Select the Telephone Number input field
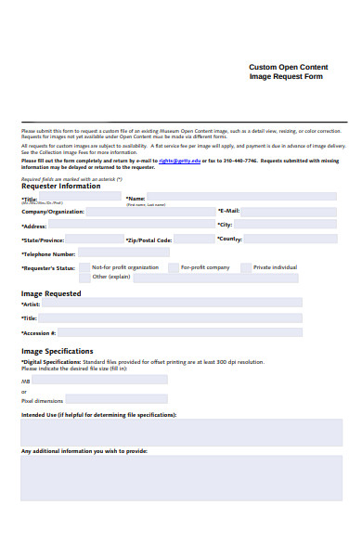tap(123, 253)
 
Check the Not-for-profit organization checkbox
tap(84, 267)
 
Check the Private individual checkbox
tap(245, 267)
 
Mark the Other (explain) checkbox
tap(84, 277)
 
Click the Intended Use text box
tap(161, 431)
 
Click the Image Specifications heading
tap(57, 351)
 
